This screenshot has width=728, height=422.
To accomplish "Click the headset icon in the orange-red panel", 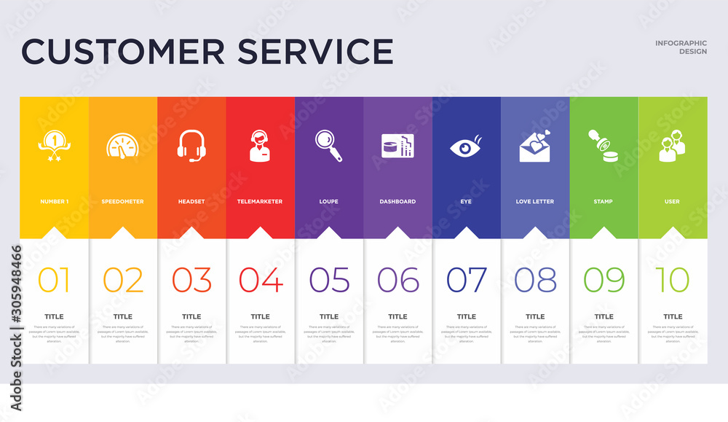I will tap(191, 144).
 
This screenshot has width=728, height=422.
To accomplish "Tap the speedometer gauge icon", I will tap(122, 146).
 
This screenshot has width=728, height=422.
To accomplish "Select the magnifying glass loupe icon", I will tap(328, 145).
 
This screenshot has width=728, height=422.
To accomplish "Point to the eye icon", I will tap(466, 146).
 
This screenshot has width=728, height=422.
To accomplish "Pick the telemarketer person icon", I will tap(260, 145).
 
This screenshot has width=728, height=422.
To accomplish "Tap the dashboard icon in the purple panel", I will tap(397, 146).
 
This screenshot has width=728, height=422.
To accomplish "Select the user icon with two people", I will tap(672, 146).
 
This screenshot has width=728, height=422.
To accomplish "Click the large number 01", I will tap(54, 280).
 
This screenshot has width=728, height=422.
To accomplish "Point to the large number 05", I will tap(329, 280).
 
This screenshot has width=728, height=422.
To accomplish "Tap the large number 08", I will tap(535, 280).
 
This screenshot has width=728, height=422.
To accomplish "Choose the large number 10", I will tap(672, 280).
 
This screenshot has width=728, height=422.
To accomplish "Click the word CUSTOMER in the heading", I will tap(120, 51).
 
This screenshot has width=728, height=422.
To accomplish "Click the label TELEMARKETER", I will tap(260, 201).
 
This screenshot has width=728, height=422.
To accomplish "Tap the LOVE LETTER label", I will tap(535, 201).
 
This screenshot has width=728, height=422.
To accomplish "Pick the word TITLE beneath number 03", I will tap(191, 316).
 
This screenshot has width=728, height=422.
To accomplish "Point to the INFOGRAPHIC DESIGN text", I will tap(681, 47).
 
